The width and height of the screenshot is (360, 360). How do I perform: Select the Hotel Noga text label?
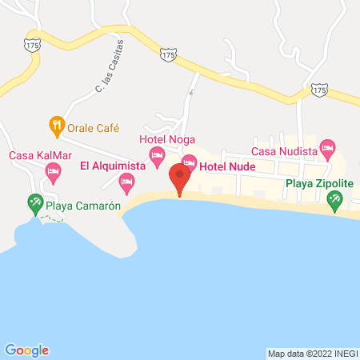click(x=167, y=139)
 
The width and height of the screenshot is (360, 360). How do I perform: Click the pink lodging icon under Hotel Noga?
click(x=158, y=153)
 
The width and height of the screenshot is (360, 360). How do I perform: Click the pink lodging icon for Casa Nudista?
click(x=326, y=147)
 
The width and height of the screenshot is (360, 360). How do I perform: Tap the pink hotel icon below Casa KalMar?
click(x=54, y=170)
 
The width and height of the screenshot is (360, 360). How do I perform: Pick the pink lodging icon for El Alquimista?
click(x=126, y=184)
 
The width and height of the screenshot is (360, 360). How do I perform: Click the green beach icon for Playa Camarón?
click(x=34, y=203)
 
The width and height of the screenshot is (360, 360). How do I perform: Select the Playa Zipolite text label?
click(x=319, y=182)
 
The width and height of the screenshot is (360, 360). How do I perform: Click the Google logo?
click(x=27, y=350)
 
